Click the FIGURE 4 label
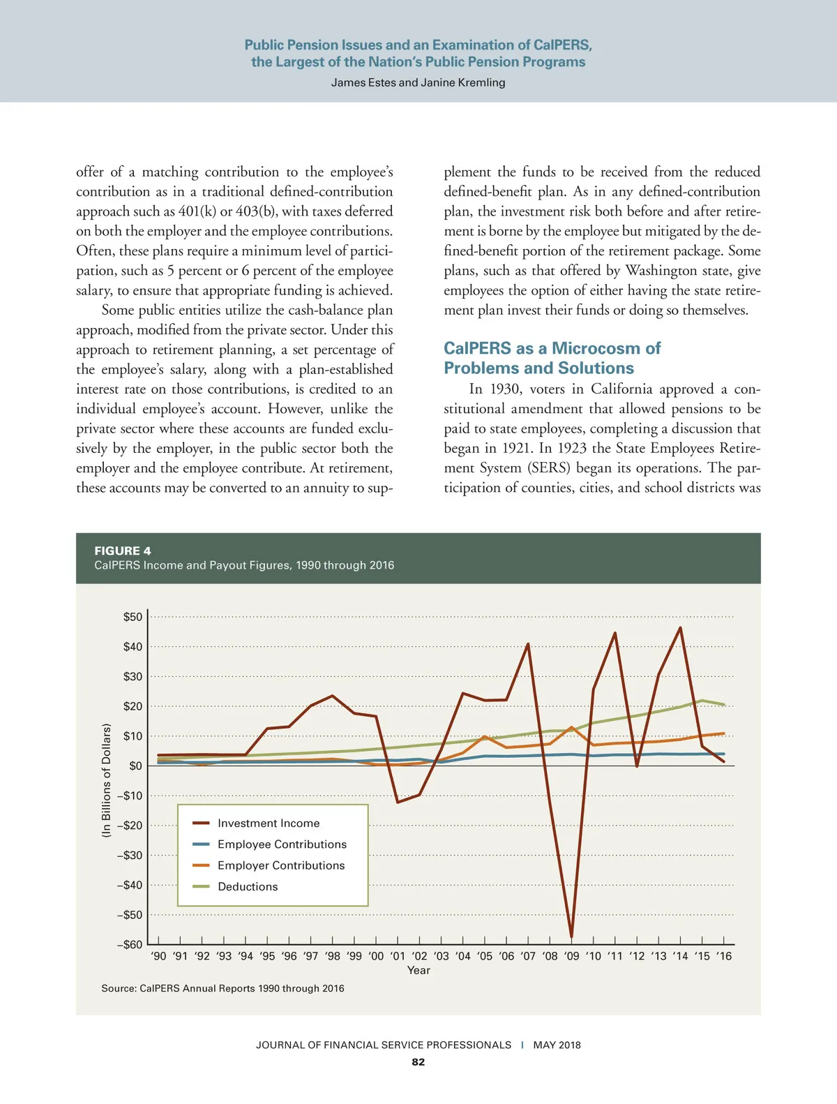point(123,551)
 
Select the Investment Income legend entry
point(268,823)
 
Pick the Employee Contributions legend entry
point(282,844)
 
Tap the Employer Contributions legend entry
point(281,865)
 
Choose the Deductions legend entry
point(248,886)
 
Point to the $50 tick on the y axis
point(133,617)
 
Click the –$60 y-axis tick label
point(130,945)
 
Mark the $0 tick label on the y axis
point(135,766)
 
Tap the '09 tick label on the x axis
point(572,956)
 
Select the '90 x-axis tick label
point(159,956)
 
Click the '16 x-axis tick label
point(724,956)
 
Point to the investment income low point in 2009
point(572,937)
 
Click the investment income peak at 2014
point(680,628)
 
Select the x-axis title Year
point(418,970)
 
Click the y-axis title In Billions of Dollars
point(106,780)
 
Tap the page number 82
point(418,1062)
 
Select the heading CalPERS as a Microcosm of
point(552,348)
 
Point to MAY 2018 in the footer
point(557,1045)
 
